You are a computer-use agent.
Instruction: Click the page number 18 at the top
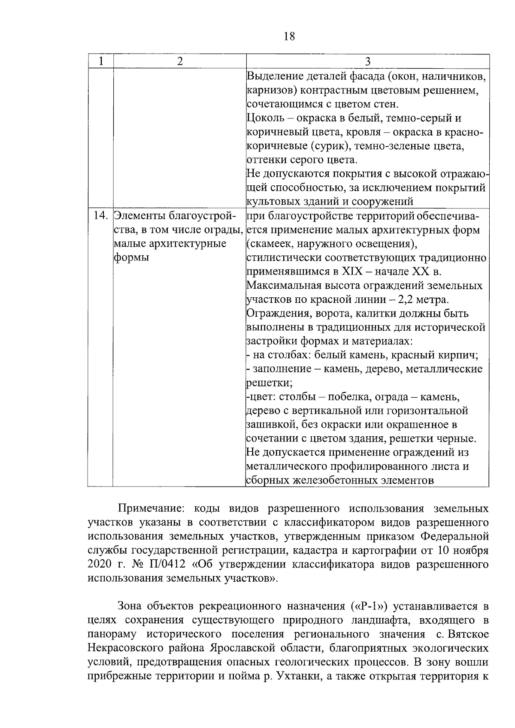pyautogui.click(x=290, y=36)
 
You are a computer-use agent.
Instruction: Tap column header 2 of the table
pyautogui.click(x=179, y=61)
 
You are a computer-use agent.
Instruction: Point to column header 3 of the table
pyautogui.click(x=367, y=61)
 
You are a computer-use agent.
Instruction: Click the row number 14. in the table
pyautogui.click(x=100, y=216)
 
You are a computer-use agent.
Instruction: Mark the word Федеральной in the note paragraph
pyautogui.click(x=454, y=537)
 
